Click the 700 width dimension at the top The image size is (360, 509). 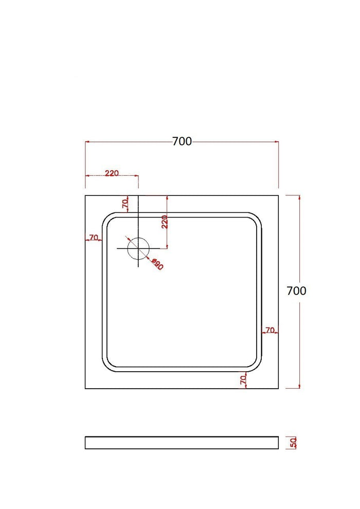tap(182, 141)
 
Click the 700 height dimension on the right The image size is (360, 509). tap(296, 291)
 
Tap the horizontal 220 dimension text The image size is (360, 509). tap(112, 173)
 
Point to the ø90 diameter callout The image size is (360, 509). tap(157, 264)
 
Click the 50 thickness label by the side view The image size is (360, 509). tap(294, 443)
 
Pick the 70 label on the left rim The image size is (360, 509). tap(94, 238)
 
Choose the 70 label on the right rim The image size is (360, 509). tap(270, 330)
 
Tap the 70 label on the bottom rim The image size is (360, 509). tap(243, 380)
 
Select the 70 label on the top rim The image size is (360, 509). tap(125, 204)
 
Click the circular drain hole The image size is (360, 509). tap(138, 248)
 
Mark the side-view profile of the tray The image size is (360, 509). tap(182, 443)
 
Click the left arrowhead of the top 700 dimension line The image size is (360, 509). tap(87, 142)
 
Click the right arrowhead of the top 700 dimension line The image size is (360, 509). tap(276, 142)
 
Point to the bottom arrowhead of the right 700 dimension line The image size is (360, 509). tap(299, 386)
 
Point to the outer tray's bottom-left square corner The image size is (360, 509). tap(85, 388)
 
